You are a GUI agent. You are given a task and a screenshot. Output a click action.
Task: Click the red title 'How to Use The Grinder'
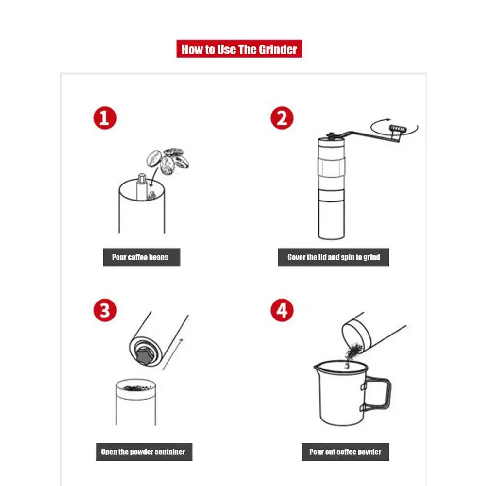pos(239,49)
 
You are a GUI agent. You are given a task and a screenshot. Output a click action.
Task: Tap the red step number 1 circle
pos(105,118)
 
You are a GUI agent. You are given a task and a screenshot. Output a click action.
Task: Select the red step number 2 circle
pos(282,118)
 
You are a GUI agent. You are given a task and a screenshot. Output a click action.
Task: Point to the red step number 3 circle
pos(105,310)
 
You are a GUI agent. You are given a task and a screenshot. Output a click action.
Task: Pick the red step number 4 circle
pos(282,310)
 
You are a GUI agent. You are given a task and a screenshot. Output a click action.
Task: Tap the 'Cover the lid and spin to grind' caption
pos(334,257)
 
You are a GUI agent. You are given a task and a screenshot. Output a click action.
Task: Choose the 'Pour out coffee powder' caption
pos(345,452)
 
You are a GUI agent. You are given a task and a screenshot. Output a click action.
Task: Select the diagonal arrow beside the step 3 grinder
pos(173,354)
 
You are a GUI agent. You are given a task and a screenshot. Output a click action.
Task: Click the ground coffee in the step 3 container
pos(136,388)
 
